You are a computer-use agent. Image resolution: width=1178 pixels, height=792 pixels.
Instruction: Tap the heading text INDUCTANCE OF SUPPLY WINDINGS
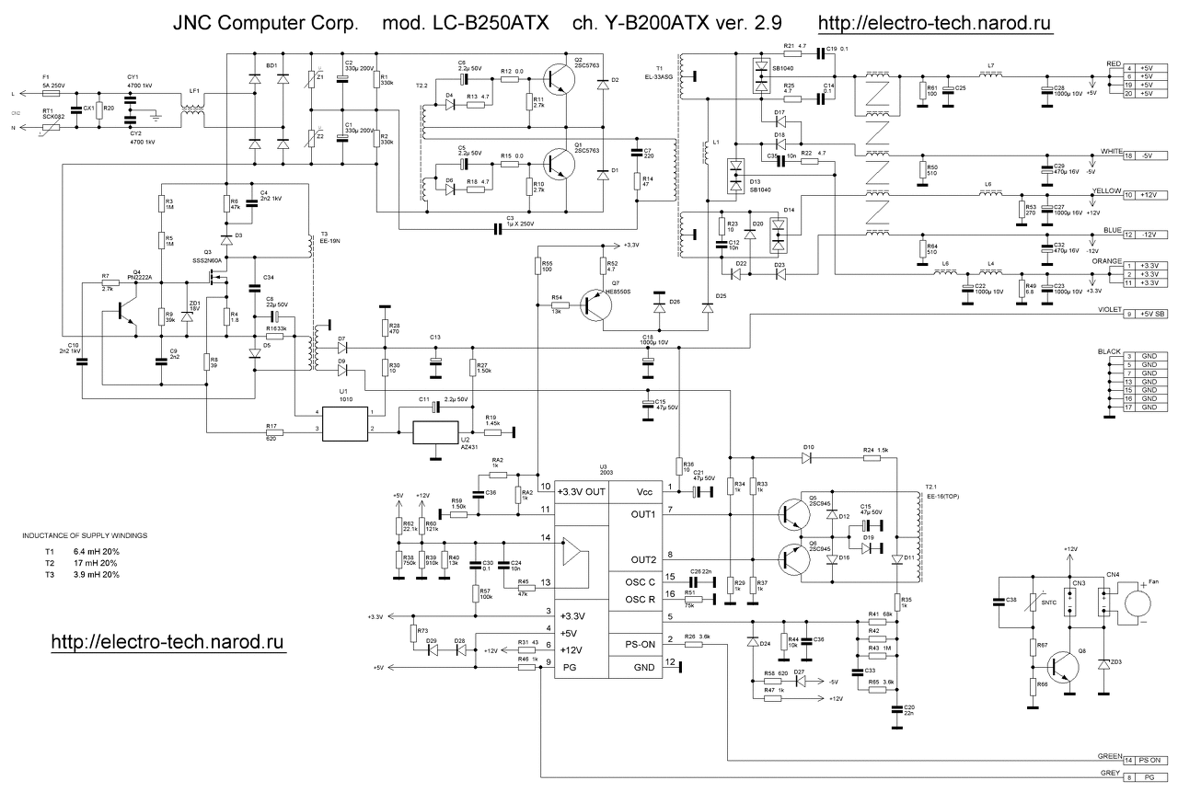click(x=84, y=534)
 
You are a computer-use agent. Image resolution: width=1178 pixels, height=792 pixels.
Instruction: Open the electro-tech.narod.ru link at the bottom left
click(x=167, y=640)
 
